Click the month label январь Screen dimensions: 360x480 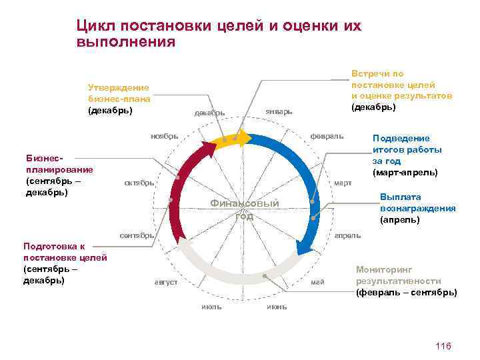point(278,111)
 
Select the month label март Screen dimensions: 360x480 point(343,182)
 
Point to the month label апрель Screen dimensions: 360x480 point(347,235)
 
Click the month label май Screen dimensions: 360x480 point(317,282)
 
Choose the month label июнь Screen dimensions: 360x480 point(277,307)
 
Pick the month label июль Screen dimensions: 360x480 point(211,307)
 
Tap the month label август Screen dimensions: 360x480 point(166,282)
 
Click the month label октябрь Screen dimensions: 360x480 point(140,183)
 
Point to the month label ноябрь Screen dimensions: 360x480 point(164,136)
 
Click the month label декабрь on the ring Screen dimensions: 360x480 point(209,112)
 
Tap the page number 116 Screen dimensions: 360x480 point(443,345)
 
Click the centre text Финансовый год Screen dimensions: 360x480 point(244,209)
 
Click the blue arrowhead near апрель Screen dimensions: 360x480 point(304,248)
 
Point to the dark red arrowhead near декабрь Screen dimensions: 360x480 point(213,148)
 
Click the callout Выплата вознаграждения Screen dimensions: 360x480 point(417,208)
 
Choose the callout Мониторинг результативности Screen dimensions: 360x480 point(406,281)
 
